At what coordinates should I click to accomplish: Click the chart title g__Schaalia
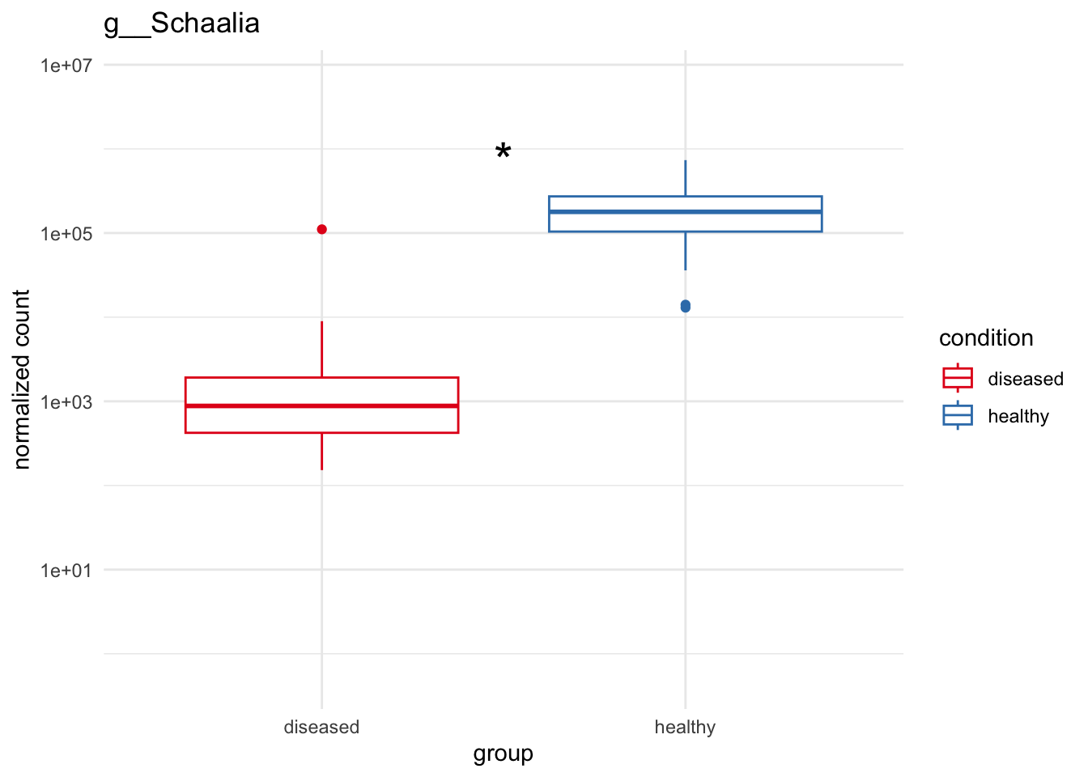(181, 23)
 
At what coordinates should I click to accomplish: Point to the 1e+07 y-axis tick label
(67, 65)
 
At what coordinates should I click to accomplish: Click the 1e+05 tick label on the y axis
(67, 234)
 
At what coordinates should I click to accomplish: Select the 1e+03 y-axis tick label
(67, 402)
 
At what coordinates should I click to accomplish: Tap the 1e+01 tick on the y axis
(67, 571)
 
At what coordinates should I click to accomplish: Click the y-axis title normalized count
(22, 379)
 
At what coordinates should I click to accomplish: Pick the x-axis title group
(503, 754)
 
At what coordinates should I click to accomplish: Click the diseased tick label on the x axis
(321, 727)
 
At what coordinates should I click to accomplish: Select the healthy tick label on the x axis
(685, 727)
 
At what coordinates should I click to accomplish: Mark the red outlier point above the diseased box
(321, 229)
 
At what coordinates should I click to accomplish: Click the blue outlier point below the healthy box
(686, 306)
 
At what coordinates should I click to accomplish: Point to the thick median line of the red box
(321, 405)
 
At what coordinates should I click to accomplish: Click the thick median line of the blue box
(685, 212)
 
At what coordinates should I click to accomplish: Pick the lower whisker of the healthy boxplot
(686, 251)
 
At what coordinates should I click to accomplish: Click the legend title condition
(986, 338)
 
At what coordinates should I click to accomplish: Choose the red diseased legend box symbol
(958, 378)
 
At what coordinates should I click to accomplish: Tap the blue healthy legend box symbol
(958, 416)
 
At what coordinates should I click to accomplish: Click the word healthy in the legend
(1018, 416)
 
